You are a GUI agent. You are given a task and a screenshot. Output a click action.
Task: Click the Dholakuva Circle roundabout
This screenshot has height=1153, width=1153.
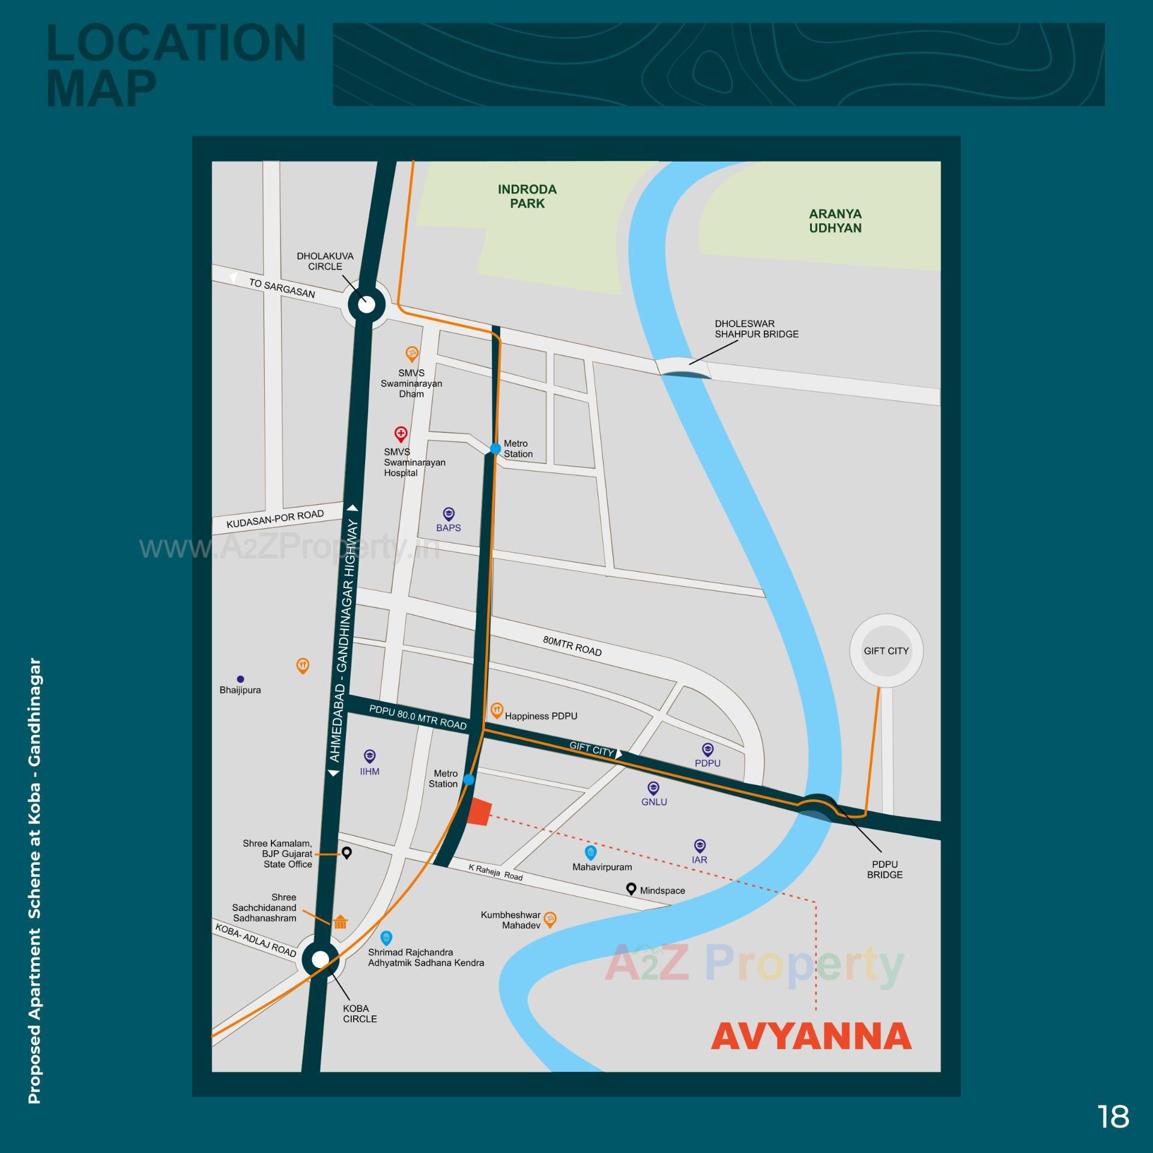[x=366, y=304]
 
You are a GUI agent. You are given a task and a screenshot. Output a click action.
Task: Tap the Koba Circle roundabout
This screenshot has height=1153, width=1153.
[x=321, y=959]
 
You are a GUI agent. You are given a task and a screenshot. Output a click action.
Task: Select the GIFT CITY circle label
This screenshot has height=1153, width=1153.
[x=886, y=650]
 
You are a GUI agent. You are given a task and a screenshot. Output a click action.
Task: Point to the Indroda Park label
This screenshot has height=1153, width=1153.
[x=527, y=196]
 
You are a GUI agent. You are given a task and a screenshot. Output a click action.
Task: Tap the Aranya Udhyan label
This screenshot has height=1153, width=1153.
[x=835, y=221]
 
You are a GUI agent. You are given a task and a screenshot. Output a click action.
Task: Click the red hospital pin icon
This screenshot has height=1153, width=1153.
[x=401, y=433]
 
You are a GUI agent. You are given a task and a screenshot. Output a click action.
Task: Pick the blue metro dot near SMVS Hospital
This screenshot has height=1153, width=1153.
[x=495, y=449]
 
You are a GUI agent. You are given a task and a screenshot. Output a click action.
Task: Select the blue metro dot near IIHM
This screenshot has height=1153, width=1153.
[x=469, y=779]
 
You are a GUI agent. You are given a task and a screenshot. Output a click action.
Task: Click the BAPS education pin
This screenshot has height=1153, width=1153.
[x=449, y=514]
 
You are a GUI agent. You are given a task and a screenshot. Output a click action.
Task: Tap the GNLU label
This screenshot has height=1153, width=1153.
[x=654, y=802]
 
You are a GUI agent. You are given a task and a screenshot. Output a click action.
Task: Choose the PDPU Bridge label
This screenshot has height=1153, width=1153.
[x=885, y=869]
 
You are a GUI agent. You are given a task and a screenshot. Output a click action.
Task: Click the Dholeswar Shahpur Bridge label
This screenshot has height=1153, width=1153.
[x=756, y=328]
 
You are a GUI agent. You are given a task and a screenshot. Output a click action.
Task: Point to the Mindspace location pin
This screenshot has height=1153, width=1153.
[x=631, y=888]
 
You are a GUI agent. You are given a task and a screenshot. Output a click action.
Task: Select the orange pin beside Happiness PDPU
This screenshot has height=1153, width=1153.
[x=497, y=710]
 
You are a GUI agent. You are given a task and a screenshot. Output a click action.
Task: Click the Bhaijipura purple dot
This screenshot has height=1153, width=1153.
[x=240, y=679]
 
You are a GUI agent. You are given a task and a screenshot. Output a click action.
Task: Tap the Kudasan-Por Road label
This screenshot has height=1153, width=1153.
[x=275, y=519]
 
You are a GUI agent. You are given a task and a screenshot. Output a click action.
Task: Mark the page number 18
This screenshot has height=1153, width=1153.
[x=1113, y=1116]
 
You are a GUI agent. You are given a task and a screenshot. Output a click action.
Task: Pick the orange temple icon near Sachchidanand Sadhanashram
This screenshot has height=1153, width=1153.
[x=340, y=922]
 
